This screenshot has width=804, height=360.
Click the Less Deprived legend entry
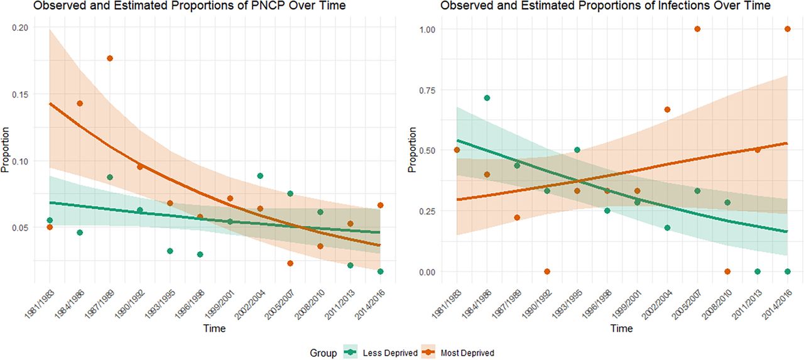(381, 353)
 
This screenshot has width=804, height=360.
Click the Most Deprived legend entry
(458, 353)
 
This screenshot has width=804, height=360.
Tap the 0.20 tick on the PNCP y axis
(20, 28)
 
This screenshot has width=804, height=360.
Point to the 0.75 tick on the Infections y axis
(427, 90)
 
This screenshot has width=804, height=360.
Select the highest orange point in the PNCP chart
(110, 58)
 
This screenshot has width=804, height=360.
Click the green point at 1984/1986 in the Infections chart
(487, 97)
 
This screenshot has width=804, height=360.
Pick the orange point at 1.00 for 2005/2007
(697, 29)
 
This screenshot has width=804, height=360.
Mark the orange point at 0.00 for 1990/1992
(547, 271)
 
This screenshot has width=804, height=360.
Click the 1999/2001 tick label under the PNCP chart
(219, 304)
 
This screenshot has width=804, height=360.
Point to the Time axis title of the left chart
(214, 328)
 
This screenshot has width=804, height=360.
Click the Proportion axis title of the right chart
(412, 150)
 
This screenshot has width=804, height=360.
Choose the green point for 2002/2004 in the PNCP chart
(260, 175)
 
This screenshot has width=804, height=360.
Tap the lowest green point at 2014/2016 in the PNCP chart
(381, 271)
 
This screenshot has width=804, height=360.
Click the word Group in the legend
(323, 353)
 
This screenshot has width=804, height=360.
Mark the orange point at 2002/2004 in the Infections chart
(667, 109)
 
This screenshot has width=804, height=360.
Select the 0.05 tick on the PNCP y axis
(20, 227)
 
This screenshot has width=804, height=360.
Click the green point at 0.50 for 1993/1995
(577, 150)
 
